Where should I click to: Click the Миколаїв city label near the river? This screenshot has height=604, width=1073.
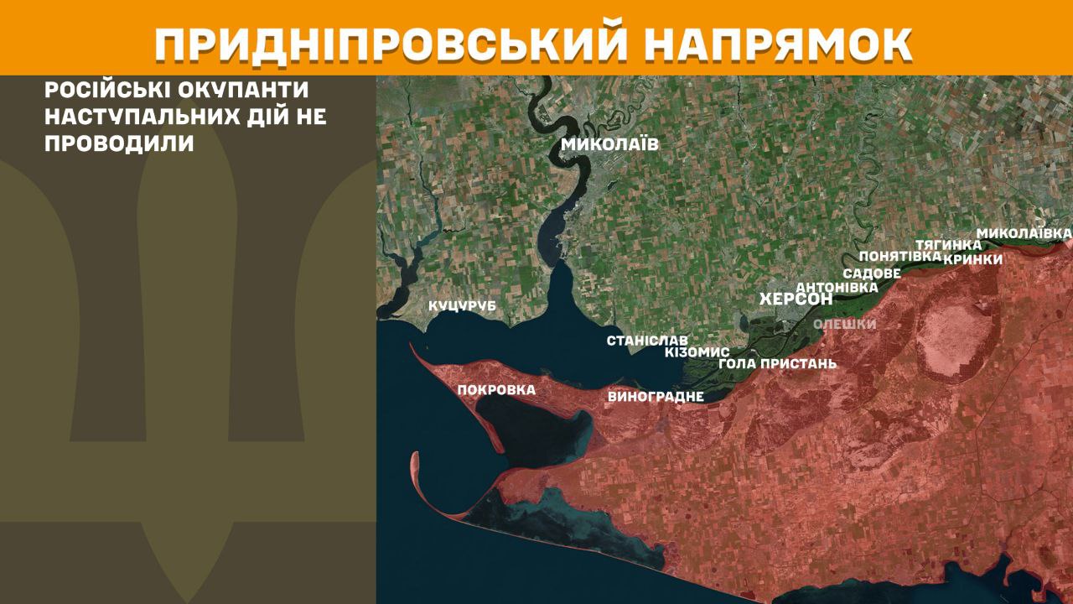tap(609, 144)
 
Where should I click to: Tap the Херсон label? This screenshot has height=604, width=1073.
tap(796, 299)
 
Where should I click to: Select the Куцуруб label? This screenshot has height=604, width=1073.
tap(462, 306)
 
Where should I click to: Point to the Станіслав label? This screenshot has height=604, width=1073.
tap(647, 341)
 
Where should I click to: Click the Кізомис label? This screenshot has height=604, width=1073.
tap(697, 352)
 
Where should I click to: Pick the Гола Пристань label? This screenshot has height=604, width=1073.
tap(777, 364)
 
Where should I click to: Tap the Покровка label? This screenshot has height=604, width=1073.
tap(496, 389)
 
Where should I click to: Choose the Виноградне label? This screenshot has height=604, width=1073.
tap(655, 396)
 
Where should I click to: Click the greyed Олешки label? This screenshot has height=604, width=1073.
tap(844, 325)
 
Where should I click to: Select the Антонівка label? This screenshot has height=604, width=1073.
tap(836, 287)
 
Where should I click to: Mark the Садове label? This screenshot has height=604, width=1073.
tap(872, 273)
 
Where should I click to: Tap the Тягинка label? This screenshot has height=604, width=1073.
tap(948, 244)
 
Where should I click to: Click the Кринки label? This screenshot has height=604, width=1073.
tap(972, 259)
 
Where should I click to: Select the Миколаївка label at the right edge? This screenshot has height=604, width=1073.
tap(1024, 232)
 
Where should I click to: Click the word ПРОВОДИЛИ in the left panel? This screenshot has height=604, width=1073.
tap(119, 143)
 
